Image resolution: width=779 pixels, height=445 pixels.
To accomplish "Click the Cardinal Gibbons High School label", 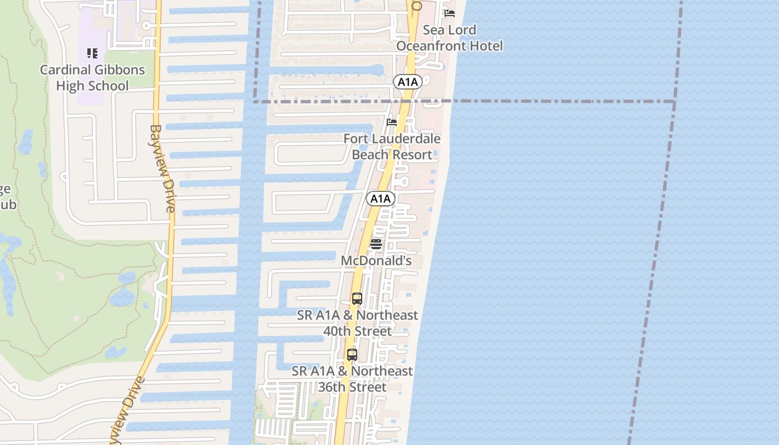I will click(x=92, y=78).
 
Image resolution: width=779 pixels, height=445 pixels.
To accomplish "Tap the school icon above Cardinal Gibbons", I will click(x=92, y=53).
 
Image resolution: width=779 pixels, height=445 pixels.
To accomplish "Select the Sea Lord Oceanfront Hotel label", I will click(x=450, y=38).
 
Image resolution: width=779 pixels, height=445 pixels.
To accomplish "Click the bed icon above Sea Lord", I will click(x=450, y=13).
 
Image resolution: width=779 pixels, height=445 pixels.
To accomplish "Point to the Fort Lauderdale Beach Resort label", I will click(x=392, y=146).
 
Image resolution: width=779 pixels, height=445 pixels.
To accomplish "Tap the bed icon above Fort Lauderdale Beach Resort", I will click(x=392, y=122).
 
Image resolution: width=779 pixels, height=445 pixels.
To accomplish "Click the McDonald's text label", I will click(x=376, y=260).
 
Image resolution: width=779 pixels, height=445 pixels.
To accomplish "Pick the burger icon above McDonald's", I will click(x=376, y=244).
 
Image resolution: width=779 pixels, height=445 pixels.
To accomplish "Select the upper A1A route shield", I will click(x=408, y=82).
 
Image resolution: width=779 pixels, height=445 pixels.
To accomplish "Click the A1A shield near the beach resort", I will click(x=381, y=199).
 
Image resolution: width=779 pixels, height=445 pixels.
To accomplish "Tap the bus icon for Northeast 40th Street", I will click(x=357, y=299).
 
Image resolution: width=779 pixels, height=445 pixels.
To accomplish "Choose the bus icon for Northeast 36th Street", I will click(x=352, y=354).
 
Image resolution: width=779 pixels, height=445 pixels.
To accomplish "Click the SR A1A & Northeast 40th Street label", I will click(x=358, y=323).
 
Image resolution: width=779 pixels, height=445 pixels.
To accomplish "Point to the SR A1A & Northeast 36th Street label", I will click(x=352, y=379).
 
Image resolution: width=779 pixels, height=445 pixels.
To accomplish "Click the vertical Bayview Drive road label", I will click(x=162, y=168).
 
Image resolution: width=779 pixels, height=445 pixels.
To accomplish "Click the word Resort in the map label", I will click(x=411, y=155).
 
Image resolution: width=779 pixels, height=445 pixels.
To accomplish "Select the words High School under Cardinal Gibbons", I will click(x=92, y=86).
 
